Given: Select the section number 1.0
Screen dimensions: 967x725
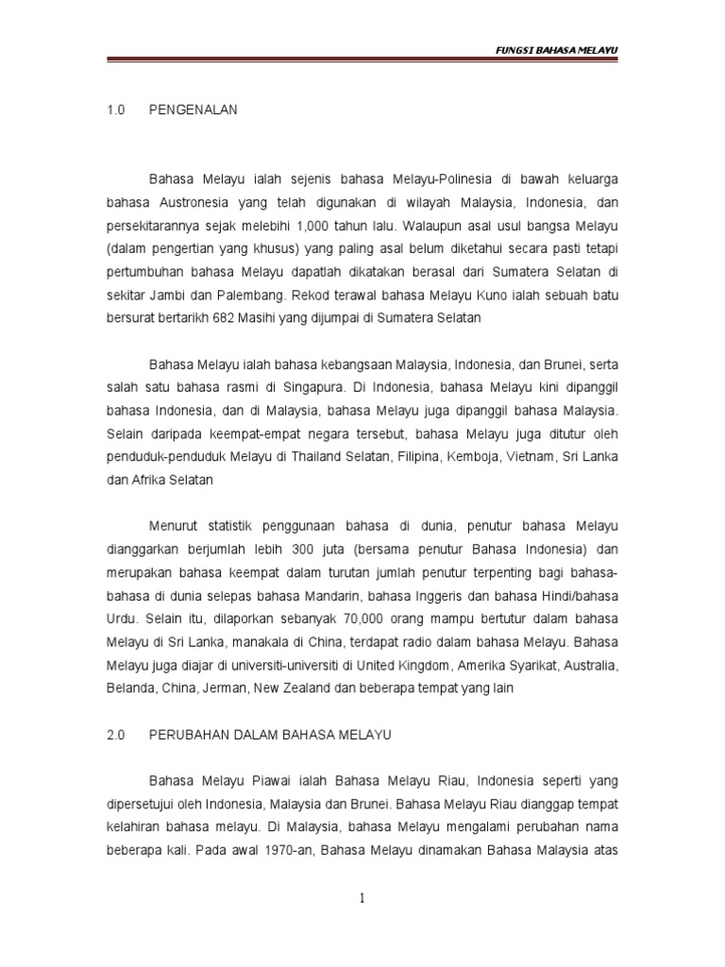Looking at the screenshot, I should click(x=116, y=110).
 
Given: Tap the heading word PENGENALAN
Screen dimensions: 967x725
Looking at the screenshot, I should click(x=194, y=110).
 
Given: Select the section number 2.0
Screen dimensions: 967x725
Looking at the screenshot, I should click(x=116, y=734).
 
